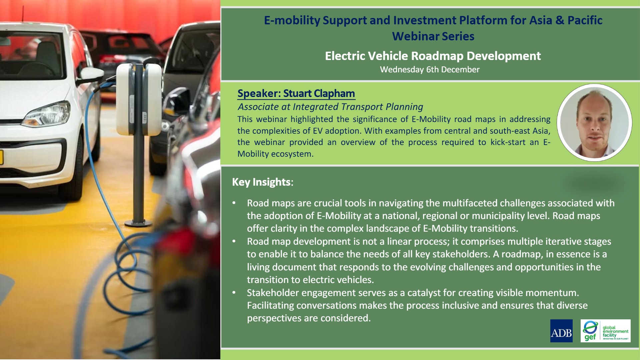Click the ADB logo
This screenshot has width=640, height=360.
pyautogui.click(x=561, y=331)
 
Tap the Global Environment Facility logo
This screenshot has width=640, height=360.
pyautogui.click(x=605, y=331)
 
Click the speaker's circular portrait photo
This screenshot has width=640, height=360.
pyautogui.click(x=594, y=123)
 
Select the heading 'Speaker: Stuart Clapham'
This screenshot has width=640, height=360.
pyautogui.click(x=296, y=94)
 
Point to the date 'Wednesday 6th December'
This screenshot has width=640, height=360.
pyautogui.click(x=430, y=70)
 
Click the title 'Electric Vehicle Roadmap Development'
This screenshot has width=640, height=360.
pyautogui.click(x=433, y=56)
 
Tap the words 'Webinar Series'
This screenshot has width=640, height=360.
pyautogui.click(x=433, y=36)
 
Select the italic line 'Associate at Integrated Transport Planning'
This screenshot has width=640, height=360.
pyautogui.click(x=330, y=107)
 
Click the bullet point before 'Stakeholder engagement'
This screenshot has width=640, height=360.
pyautogui.click(x=234, y=293)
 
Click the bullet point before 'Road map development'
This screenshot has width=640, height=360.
pyautogui.click(x=234, y=241)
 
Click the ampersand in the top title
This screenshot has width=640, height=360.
pyautogui.click(x=560, y=20)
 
